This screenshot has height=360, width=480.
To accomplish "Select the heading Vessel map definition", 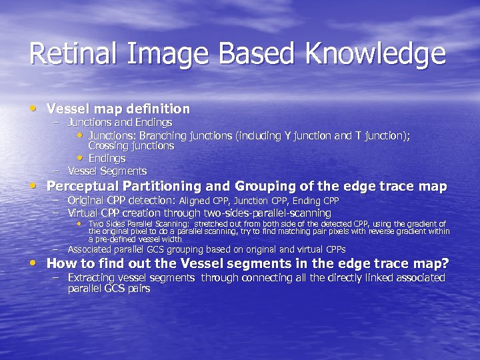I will (x=118, y=109).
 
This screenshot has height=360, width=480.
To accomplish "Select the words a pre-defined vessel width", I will (x=135, y=239).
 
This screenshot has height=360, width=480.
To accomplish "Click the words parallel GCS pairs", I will (x=109, y=289).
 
